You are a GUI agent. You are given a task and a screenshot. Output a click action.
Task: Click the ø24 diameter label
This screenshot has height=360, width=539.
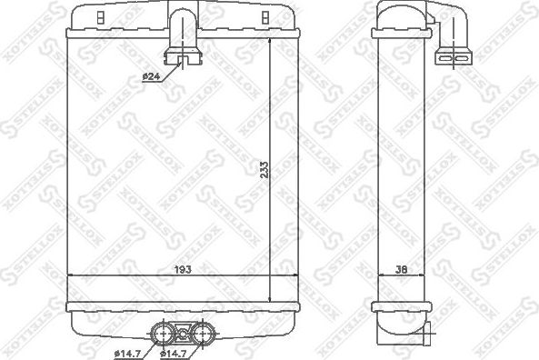151,76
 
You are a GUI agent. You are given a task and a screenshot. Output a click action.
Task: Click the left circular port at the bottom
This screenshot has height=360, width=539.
165,331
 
